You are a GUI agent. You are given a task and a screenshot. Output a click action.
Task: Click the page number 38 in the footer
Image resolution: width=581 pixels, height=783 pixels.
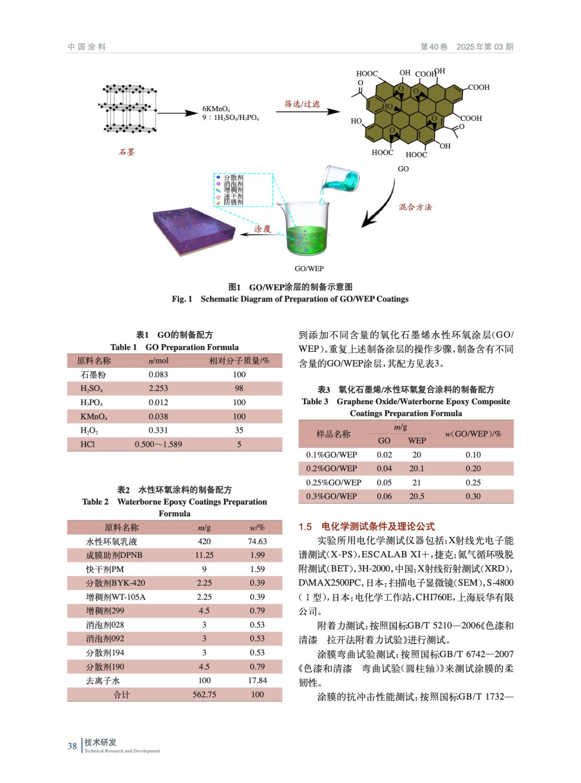click(x=72, y=746)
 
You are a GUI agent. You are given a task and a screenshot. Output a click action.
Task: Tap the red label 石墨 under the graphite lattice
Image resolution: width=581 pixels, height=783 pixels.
click(x=126, y=152)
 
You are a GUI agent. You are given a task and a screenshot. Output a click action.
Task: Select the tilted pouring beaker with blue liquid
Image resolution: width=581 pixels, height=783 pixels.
click(x=341, y=181)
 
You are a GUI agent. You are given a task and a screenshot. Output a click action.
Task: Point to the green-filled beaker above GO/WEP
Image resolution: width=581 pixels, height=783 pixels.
click(x=305, y=230)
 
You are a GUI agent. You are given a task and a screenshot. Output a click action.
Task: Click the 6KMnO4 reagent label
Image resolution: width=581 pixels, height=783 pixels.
click(x=216, y=109)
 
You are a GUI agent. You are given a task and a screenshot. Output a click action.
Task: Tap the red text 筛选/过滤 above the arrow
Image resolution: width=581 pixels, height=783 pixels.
click(x=302, y=104)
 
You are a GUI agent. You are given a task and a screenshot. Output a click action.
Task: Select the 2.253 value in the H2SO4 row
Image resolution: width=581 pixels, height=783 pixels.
click(x=158, y=388)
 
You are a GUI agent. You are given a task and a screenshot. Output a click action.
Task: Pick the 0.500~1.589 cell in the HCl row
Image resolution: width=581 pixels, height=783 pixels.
click(x=158, y=444)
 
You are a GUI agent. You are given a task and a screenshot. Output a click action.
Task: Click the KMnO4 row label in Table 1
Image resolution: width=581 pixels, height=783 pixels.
click(x=93, y=416)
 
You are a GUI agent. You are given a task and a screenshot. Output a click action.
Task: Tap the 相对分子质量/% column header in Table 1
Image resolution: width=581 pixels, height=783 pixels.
click(x=239, y=361)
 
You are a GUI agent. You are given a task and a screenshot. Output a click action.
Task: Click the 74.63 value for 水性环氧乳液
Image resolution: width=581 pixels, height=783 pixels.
click(x=257, y=541)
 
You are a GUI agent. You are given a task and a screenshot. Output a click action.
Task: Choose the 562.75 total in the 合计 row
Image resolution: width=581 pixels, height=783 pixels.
click(x=204, y=694)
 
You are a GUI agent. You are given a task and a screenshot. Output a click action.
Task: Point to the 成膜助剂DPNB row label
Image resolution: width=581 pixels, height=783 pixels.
click(x=114, y=555)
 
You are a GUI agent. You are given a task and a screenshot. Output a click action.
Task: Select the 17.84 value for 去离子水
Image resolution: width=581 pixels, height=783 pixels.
click(x=257, y=680)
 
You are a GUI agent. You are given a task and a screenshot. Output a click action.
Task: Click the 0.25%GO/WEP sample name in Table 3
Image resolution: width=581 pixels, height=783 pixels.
click(x=333, y=482)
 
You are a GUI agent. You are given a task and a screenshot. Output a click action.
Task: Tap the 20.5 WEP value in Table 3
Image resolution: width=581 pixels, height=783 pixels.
click(x=417, y=496)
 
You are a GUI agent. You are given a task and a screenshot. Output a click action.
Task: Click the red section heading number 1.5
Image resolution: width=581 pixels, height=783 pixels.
click(x=305, y=527)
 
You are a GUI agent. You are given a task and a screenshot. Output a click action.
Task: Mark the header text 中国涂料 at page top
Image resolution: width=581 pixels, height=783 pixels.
click(x=87, y=46)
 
